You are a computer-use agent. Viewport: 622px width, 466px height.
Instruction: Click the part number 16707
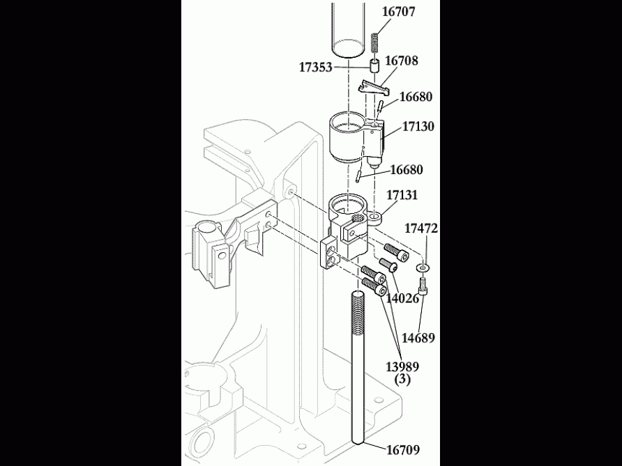click(400, 12)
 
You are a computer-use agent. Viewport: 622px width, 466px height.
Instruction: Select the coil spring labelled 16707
click(374, 44)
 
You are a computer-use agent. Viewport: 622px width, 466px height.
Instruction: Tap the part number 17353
click(316, 67)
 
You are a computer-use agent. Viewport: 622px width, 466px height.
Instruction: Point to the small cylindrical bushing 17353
click(374, 68)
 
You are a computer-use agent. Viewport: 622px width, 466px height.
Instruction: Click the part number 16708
click(402, 61)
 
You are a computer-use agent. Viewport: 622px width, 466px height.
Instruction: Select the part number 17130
click(418, 127)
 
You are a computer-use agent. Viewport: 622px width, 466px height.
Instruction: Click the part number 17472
click(421, 228)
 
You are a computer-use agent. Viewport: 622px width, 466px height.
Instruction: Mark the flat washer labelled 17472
click(423, 267)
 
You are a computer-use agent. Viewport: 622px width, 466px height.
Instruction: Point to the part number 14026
click(402, 298)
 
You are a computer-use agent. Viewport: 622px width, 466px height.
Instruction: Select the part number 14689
click(418, 339)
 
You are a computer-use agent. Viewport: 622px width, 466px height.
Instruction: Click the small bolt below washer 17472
click(423, 287)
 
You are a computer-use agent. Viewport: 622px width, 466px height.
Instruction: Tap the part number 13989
click(402, 366)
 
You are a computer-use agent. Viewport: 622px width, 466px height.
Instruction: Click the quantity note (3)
click(402, 380)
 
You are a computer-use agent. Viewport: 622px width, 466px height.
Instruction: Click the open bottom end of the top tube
click(348, 49)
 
